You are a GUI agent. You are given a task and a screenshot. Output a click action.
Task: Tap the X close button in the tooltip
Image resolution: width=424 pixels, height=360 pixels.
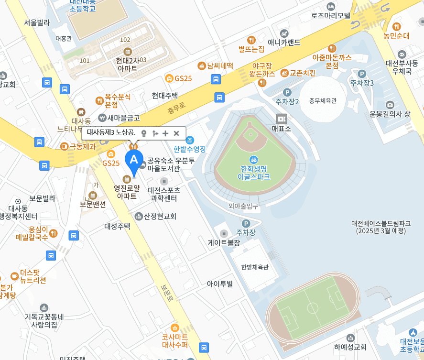click(176, 133)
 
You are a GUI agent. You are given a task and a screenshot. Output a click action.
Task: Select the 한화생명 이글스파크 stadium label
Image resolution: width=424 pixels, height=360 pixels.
click(254, 172)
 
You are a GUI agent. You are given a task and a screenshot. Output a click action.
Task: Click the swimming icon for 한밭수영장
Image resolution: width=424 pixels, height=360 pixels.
click(190, 140)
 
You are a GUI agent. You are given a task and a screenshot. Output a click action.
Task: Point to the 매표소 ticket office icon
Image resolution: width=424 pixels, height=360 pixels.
click(281, 119)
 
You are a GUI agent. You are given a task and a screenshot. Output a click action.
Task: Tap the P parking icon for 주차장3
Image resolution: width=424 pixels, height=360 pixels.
click(362, 74)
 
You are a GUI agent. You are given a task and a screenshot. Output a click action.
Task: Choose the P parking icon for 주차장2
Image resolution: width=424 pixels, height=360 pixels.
click(287, 92)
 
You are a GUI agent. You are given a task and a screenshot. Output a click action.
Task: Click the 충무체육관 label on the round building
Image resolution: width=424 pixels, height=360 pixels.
click(323, 100)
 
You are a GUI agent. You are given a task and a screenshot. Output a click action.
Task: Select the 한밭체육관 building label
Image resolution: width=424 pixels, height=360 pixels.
click(254, 267)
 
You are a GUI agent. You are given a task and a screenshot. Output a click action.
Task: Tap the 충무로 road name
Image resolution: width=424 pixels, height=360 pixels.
click(176, 110)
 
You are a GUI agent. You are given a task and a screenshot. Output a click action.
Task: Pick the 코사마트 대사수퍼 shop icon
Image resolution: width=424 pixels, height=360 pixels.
click(174, 328)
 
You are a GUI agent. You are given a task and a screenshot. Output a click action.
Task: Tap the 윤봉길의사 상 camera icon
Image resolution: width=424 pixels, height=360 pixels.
click(390, 105)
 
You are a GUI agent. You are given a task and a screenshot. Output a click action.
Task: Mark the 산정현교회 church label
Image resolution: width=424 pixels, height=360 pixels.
click(160, 216)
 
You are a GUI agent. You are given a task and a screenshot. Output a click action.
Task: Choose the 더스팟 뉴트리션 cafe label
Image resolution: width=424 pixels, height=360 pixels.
click(33, 276)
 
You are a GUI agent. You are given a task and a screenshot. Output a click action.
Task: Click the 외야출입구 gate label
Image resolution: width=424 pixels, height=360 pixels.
click(243, 206)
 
